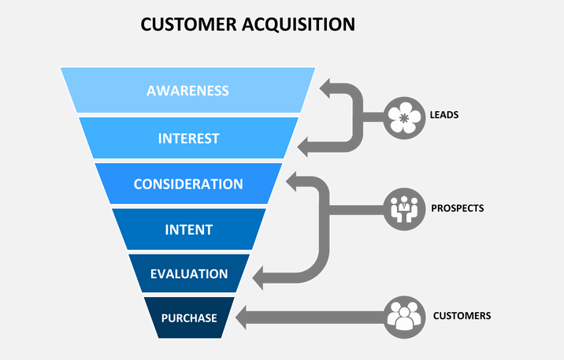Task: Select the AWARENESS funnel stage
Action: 187,91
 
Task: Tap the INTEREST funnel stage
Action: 188,139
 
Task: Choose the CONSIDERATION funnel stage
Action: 188,184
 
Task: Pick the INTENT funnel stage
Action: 188,230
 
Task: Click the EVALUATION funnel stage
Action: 189,274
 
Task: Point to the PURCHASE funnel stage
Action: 189,318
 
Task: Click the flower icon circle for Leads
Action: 405,117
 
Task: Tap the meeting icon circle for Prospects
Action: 405,210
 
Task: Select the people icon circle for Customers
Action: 405,316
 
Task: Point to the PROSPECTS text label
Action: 457,209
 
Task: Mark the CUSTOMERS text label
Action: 462,315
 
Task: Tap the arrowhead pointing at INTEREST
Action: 307,144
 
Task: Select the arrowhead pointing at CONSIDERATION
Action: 296,182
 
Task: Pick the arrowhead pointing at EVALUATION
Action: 262,276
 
